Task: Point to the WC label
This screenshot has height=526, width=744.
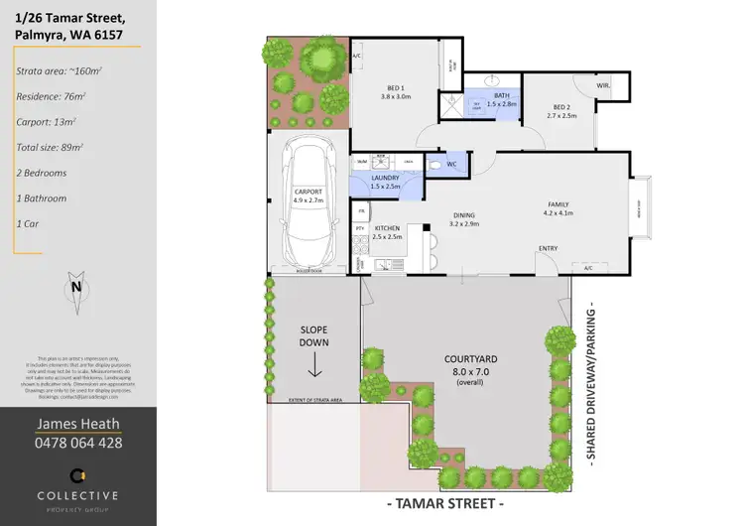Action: (x=450, y=165)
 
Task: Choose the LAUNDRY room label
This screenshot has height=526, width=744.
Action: (x=384, y=178)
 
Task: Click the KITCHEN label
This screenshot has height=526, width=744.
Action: (x=386, y=229)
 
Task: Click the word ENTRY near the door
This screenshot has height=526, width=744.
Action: (x=548, y=248)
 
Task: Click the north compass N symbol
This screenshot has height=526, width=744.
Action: (x=75, y=289)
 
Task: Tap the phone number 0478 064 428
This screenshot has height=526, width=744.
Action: (x=78, y=443)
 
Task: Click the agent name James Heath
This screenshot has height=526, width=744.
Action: (x=78, y=424)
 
